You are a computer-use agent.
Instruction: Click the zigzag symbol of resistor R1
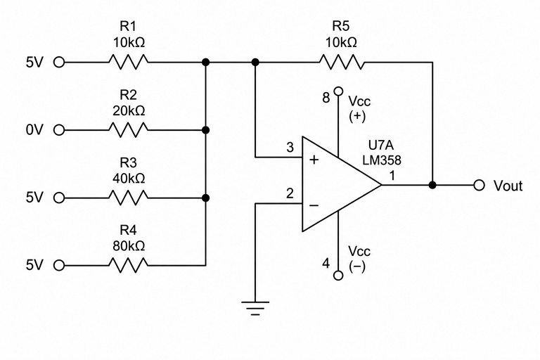tap(129, 63)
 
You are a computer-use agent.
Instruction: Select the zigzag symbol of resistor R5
tap(341, 63)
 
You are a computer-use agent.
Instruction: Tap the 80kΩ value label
tap(129, 246)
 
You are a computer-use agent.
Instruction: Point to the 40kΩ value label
tap(129, 178)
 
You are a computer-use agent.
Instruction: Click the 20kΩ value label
tap(129, 110)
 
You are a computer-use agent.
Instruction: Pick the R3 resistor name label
tap(128, 162)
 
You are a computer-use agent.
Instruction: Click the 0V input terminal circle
tap(59, 130)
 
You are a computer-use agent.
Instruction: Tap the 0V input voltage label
tap(34, 130)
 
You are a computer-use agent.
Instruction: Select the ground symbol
tap(255, 309)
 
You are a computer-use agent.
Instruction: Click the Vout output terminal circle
tap(479, 185)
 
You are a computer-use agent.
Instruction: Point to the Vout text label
tap(508, 186)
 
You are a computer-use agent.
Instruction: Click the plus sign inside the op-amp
tap(314, 160)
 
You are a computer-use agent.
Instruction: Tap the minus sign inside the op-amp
tap(314, 206)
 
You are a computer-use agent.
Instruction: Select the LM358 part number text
tap(382, 160)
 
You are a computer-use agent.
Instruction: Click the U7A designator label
tap(381, 146)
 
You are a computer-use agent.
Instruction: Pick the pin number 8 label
tap(326, 98)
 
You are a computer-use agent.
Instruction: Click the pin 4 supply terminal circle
tap(338, 275)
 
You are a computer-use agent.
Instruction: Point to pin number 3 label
tap(290, 148)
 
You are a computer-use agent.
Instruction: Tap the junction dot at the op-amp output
tap(432, 185)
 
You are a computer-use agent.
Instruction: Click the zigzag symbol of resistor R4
tap(129, 265)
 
